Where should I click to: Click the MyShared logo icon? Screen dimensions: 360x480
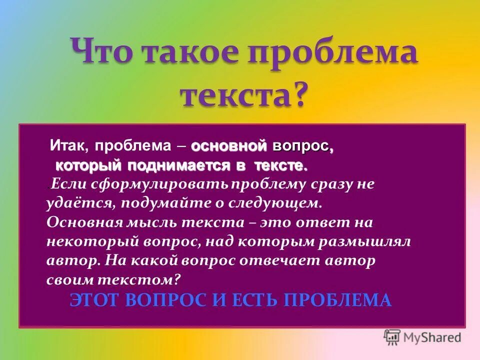(392, 337)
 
